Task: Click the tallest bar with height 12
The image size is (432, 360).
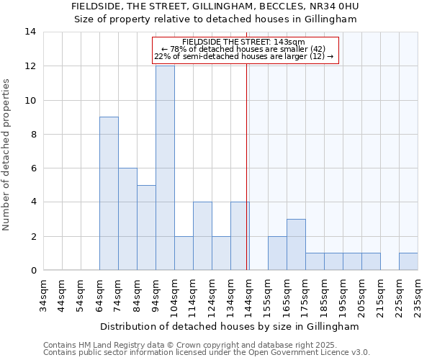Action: [165, 168]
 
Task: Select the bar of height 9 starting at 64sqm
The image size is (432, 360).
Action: [109, 193]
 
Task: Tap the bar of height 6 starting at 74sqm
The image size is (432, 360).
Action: [127, 219]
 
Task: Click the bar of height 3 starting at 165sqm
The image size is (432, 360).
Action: [296, 244]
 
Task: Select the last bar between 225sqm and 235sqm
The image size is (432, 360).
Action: [408, 261]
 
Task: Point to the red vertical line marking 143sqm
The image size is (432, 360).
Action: [247, 180]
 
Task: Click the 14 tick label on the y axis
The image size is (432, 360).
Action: [30, 32]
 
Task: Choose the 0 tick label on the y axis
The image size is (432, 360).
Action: [33, 271]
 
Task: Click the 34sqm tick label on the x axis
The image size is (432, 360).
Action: [43, 295]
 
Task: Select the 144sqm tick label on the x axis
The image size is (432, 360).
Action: [249, 295]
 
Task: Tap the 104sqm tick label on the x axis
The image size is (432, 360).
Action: [174, 295]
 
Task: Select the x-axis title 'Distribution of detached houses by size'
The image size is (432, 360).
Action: [229, 326]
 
